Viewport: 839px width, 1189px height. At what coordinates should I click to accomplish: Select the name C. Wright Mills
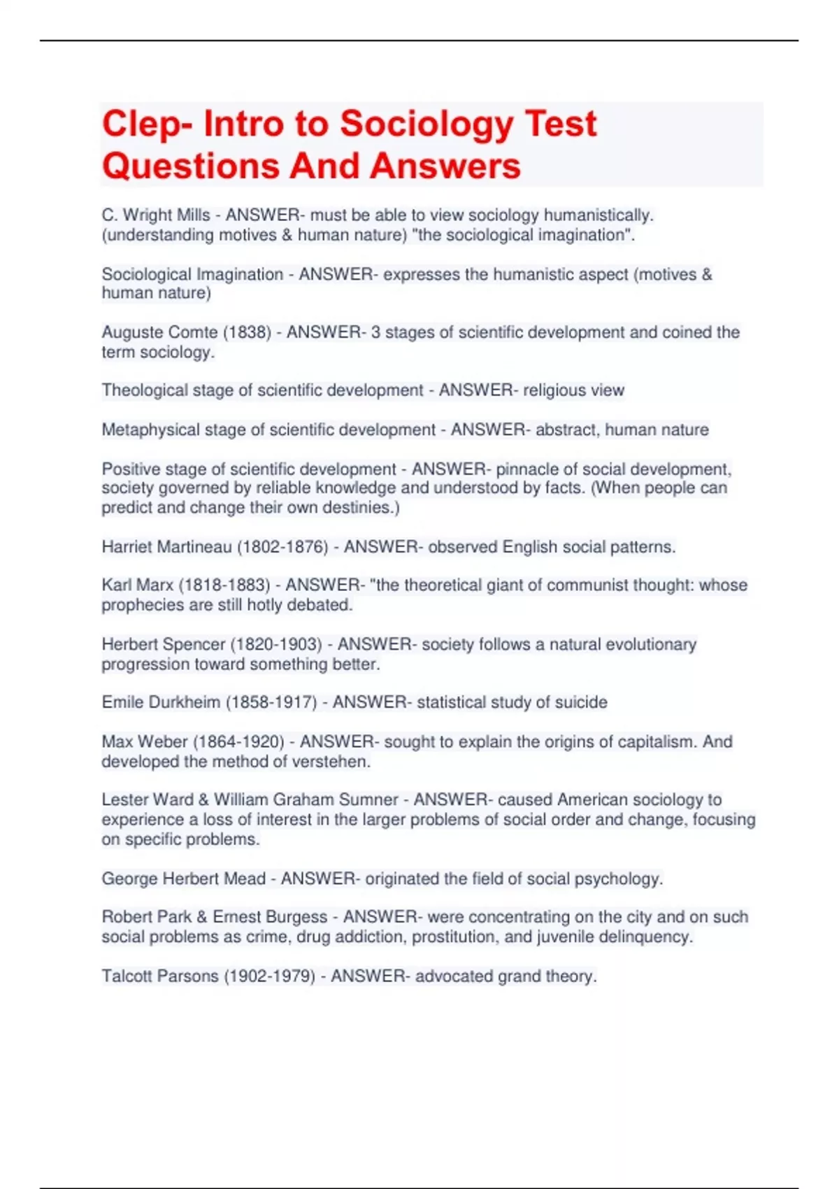coord(156,215)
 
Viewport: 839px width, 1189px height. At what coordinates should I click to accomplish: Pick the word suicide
coord(581,702)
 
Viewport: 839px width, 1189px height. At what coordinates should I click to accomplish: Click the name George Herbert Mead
coord(184,878)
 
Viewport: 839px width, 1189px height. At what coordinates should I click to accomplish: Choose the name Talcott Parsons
coord(160,976)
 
